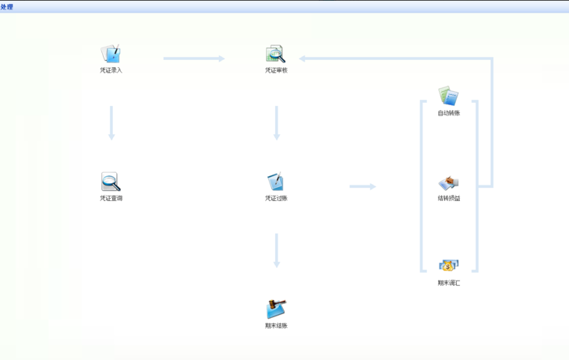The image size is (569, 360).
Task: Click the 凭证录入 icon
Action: pyautogui.click(x=111, y=54)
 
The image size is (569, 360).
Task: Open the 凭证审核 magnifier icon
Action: pyautogui.click(x=275, y=54)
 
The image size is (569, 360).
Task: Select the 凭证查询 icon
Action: pyautogui.click(x=111, y=182)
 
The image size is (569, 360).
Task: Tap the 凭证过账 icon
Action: pyautogui.click(x=275, y=182)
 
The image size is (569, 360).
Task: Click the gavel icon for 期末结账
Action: pyautogui.click(x=276, y=309)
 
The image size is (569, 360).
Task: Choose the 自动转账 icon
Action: pyautogui.click(x=448, y=96)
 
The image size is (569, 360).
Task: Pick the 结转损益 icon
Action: pyautogui.click(x=448, y=182)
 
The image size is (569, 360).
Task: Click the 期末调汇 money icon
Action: pyautogui.click(x=448, y=266)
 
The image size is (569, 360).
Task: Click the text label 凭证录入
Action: pyautogui.click(x=111, y=70)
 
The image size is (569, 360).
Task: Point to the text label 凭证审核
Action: pyautogui.click(x=276, y=70)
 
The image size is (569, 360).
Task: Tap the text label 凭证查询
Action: pyautogui.click(x=111, y=198)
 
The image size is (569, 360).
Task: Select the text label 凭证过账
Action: pyautogui.click(x=276, y=198)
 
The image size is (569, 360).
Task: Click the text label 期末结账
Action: pyautogui.click(x=276, y=326)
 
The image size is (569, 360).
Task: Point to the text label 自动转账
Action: pyautogui.click(x=448, y=113)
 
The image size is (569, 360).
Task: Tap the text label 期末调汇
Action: pyautogui.click(x=448, y=283)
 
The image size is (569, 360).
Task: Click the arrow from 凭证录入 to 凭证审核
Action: pyautogui.click(x=193, y=58)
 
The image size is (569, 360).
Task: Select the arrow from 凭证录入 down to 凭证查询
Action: pyautogui.click(x=111, y=123)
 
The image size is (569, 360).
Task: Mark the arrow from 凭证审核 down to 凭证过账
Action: pyautogui.click(x=277, y=123)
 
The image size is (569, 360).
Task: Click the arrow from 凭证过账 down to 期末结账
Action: pyautogui.click(x=277, y=250)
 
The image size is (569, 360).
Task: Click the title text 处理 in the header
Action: pyautogui.click(x=7, y=7)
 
